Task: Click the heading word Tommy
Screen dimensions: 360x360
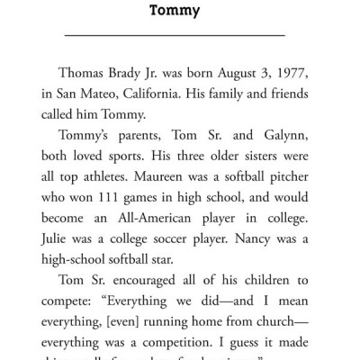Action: [176, 13]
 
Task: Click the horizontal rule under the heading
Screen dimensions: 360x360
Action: [176, 34]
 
